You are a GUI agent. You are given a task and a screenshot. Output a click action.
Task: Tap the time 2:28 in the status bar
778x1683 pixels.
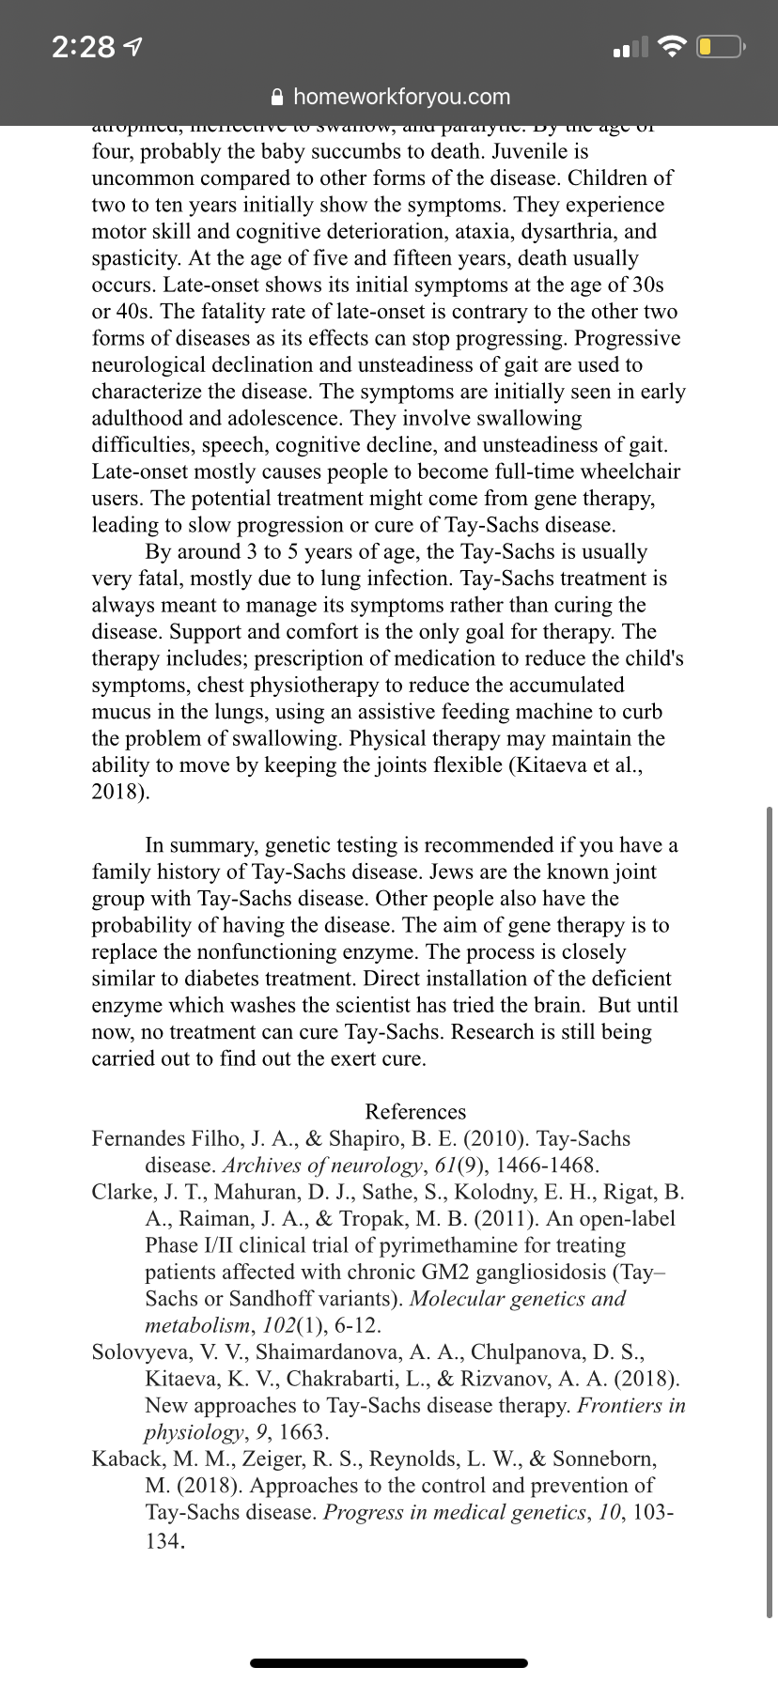[x=85, y=46]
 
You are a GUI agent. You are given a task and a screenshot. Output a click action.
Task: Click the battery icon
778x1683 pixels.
[x=721, y=46]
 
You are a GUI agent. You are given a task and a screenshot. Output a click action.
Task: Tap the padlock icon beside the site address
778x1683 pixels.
[x=276, y=97]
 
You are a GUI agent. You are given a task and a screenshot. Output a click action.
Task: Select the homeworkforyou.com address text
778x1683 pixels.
[x=401, y=97]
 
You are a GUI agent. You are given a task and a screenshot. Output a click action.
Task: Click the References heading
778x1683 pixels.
[x=415, y=1112]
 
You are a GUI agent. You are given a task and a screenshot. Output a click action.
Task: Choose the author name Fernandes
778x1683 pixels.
[x=138, y=1139]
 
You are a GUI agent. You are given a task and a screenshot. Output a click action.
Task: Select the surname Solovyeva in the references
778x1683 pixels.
[x=137, y=1352]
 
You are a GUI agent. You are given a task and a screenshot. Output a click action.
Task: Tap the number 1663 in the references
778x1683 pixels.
[x=302, y=1432]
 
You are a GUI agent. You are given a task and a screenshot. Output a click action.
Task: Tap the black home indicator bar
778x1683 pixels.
[x=389, y=1662]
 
